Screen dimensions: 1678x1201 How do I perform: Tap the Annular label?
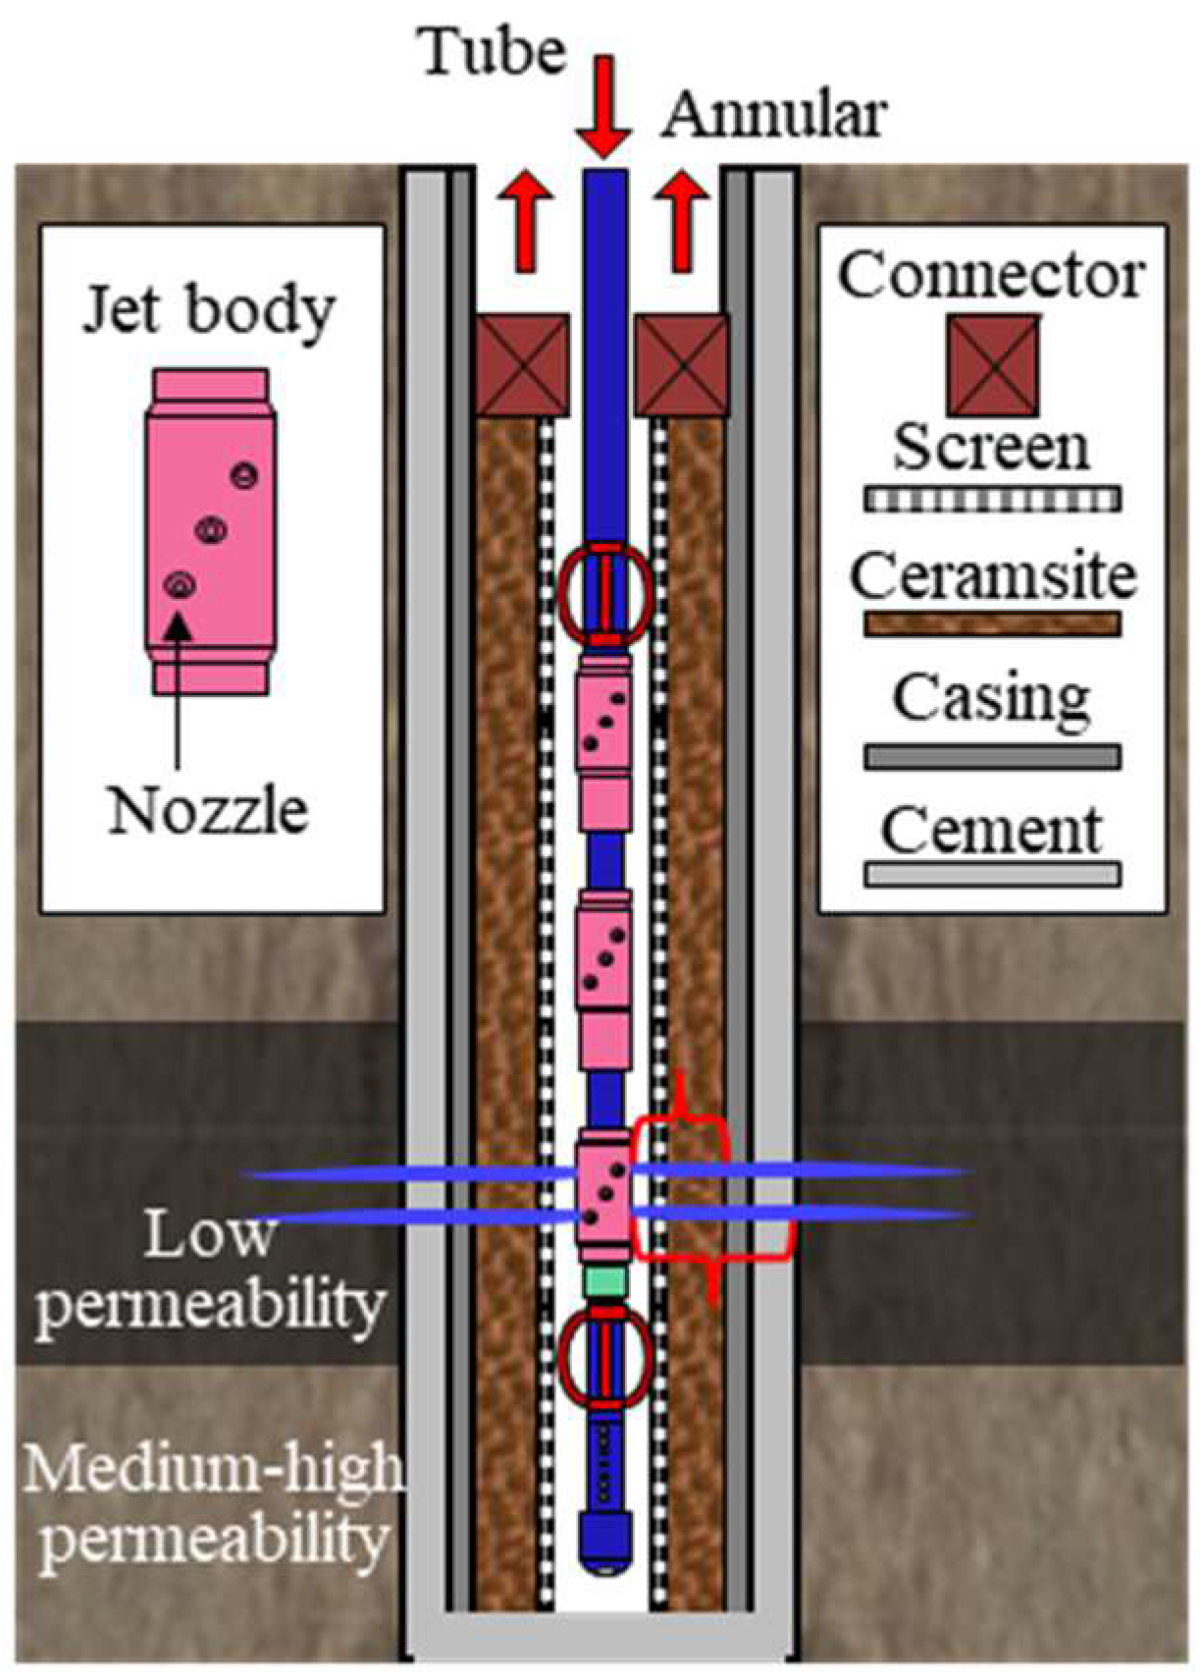(774, 116)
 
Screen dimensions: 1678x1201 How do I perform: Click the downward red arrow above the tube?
(602, 107)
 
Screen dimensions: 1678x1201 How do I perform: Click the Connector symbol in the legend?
(992, 365)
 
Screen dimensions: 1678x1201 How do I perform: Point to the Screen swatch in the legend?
(992, 499)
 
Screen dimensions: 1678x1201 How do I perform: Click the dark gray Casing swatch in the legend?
(992, 756)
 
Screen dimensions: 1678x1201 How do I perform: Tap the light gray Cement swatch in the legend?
(992, 873)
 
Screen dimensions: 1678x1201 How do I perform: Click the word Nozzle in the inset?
(208, 812)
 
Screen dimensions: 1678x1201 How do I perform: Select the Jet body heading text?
(208, 312)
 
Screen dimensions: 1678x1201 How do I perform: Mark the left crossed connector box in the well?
(523, 364)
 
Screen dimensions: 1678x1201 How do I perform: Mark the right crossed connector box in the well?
(683, 364)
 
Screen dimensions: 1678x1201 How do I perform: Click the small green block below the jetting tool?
(604, 1279)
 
